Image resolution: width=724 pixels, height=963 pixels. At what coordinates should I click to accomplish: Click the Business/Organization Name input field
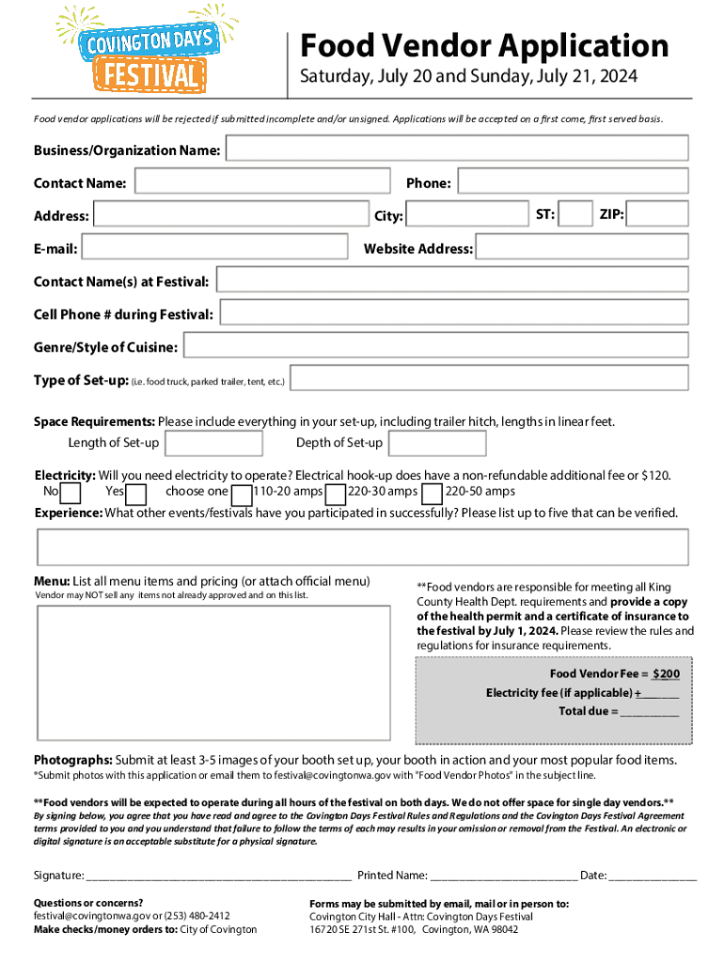[x=457, y=149]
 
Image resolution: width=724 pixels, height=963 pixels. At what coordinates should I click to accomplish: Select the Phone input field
[x=573, y=182]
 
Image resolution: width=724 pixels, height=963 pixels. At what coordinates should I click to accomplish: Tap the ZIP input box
[x=658, y=214]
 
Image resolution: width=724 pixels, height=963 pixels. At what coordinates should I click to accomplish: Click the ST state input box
[x=576, y=214]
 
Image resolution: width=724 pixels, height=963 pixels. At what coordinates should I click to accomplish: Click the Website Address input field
[x=581, y=247]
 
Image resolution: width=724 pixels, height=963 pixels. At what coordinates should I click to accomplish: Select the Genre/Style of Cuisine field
[x=434, y=346]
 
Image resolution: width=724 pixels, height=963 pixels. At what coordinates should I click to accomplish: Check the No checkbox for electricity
[x=71, y=493]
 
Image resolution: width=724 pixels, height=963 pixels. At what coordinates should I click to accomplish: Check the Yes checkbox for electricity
[x=136, y=493]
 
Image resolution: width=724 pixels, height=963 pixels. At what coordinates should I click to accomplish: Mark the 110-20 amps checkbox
[x=242, y=493]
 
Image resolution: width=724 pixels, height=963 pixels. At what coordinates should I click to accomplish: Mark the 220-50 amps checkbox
[x=433, y=493]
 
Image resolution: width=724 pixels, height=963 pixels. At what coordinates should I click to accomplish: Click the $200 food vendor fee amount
[x=666, y=674]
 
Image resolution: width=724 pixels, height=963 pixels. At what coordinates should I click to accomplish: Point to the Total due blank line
[x=649, y=712]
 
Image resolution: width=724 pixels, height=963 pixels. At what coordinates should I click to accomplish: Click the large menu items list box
[x=213, y=671]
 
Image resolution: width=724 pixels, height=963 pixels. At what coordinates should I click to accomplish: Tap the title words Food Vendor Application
[x=483, y=45]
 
